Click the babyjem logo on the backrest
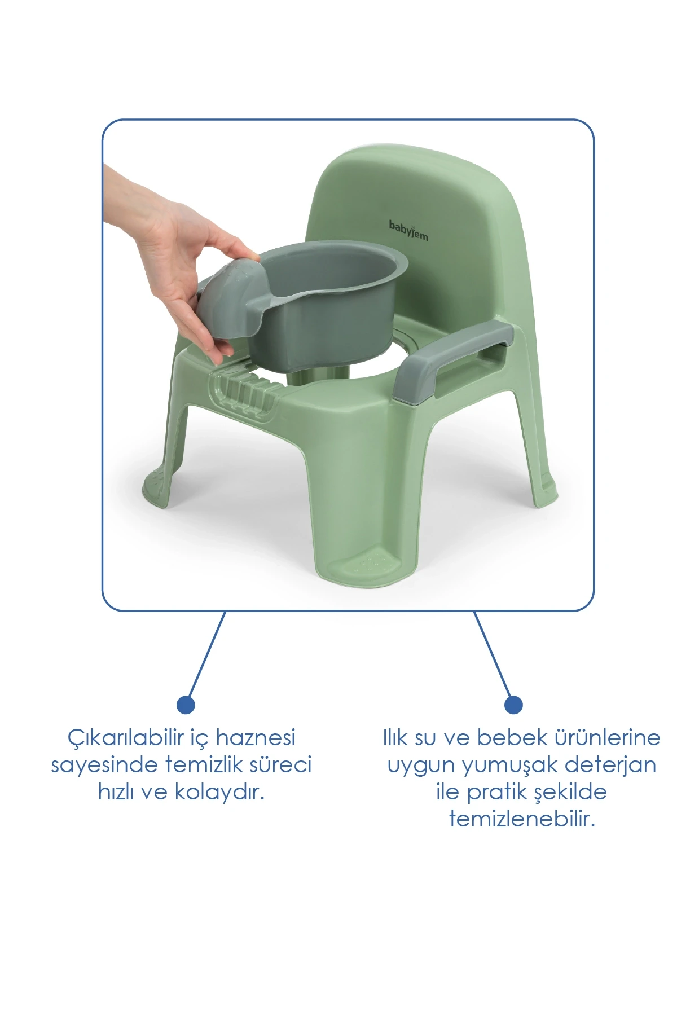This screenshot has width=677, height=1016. (x=408, y=230)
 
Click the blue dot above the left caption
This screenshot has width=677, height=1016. (x=186, y=704)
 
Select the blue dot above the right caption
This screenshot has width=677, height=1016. (x=513, y=704)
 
